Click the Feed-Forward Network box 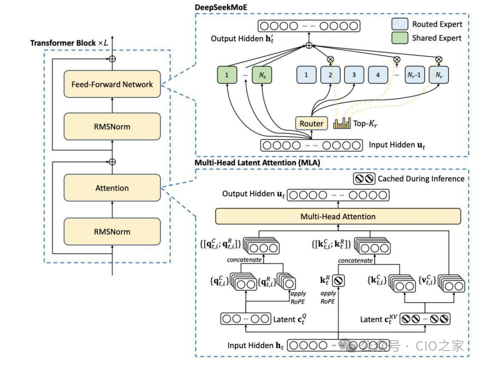click(x=112, y=84)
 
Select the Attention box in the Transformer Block click(x=112, y=188)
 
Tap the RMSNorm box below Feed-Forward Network click(x=112, y=127)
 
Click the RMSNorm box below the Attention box click(x=112, y=232)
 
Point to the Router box click(x=311, y=124)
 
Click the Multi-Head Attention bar click(x=337, y=216)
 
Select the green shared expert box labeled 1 click(x=228, y=75)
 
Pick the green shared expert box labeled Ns click(x=262, y=75)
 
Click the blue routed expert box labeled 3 click(x=354, y=75)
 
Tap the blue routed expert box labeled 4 click(x=378, y=75)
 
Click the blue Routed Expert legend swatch click(x=400, y=24)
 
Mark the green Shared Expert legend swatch click(x=400, y=38)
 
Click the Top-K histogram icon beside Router click(x=341, y=124)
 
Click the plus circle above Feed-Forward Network click(x=112, y=58)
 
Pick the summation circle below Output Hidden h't click(x=309, y=46)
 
